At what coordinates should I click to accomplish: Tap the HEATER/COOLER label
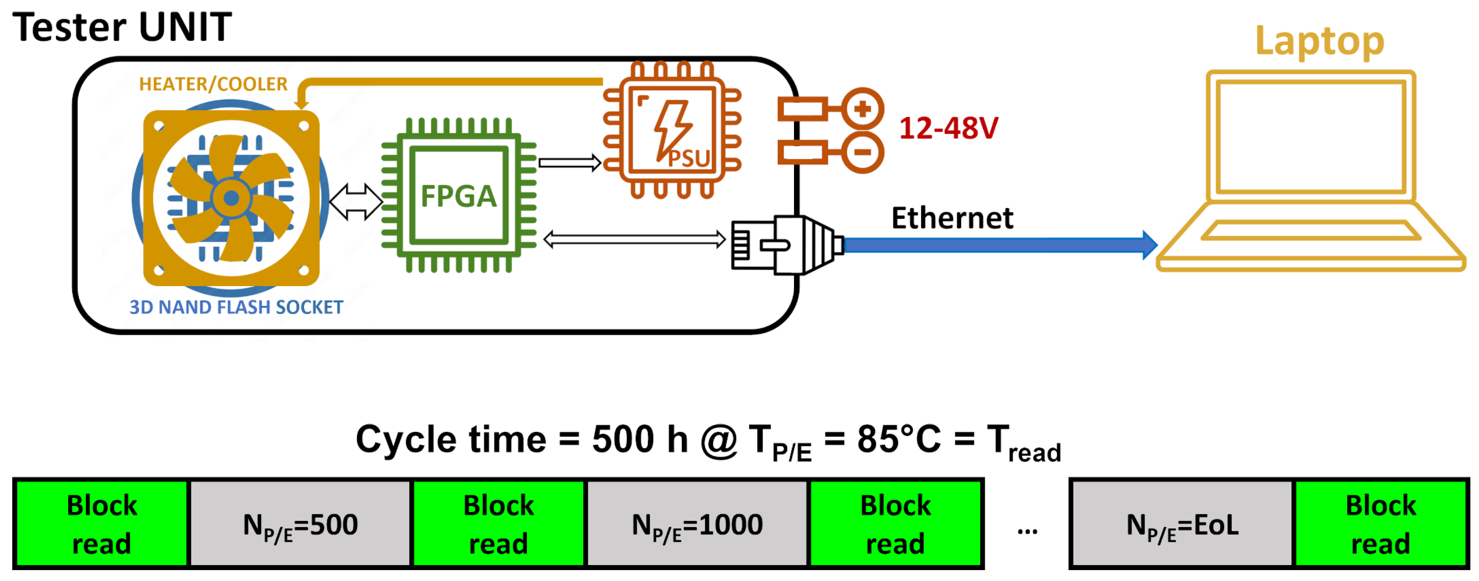tap(213, 84)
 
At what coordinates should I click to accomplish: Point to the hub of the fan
tap(231, 199)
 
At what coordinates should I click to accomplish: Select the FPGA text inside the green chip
tap(459, 196)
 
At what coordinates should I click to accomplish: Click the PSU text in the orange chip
tap(689, 159)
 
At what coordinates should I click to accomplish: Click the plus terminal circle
tap(862, 109)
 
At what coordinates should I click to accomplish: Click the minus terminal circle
tap(862, 153)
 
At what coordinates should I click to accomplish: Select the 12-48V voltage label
tap(948, 128)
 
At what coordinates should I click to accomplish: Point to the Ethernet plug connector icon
tap(787, 246)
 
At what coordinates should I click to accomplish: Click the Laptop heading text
tap(1320, 41)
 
